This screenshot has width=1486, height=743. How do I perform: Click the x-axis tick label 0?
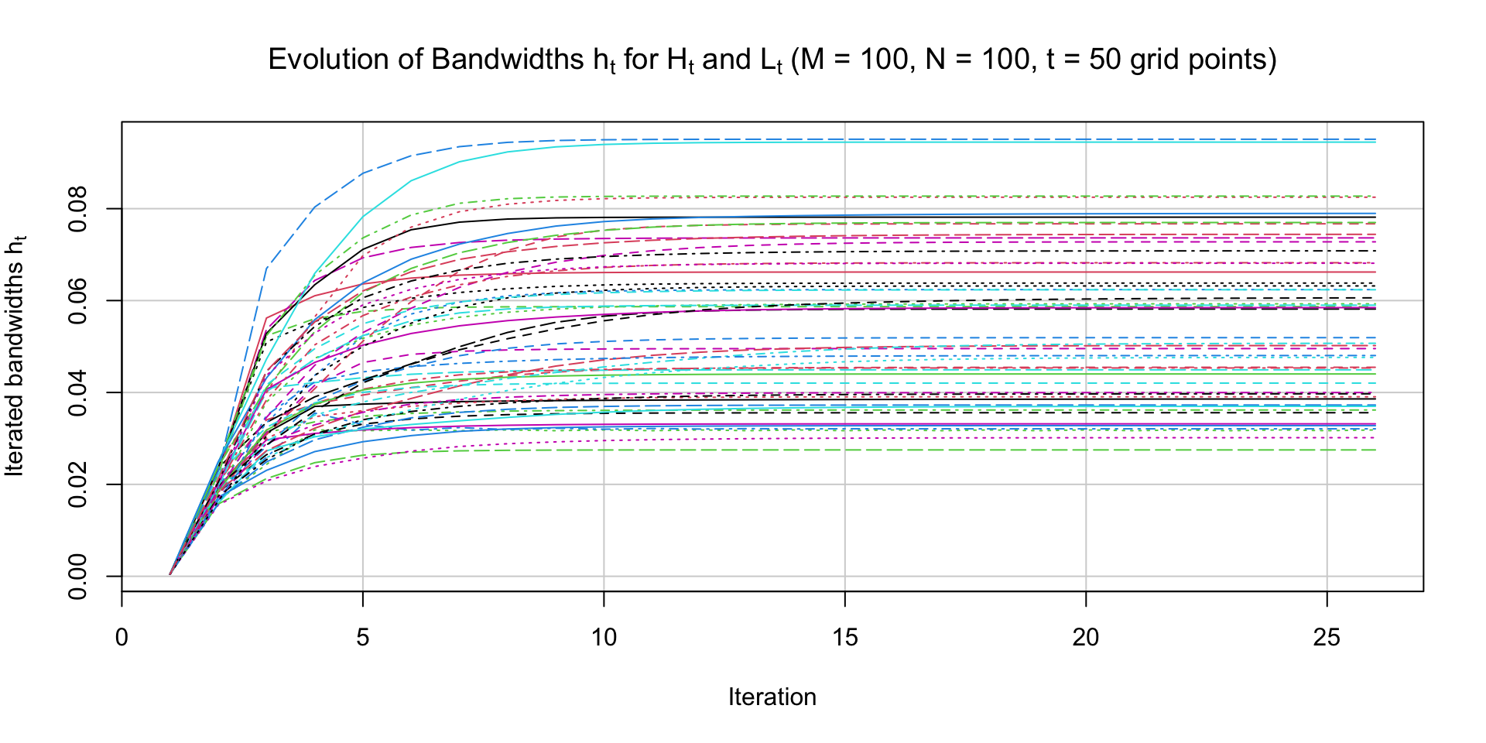click(122, 638)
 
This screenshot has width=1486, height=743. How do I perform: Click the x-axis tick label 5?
click(363, 638)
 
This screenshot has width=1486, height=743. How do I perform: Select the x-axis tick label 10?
click(604, 638)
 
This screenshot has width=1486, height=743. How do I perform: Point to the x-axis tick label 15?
click(845, 638)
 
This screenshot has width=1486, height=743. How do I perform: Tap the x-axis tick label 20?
click(1086, 638)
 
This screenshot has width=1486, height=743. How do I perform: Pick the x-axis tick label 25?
click(1327, 638)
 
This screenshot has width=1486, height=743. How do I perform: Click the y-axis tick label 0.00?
click(78, 576)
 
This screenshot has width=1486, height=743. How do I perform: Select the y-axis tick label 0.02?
click(78, 484)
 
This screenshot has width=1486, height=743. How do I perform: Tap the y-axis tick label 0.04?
click(78, 392)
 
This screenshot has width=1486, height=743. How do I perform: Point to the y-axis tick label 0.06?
click(78, 300)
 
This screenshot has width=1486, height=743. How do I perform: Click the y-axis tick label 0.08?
click(78, 209)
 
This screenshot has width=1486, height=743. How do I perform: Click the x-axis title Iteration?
click(772, 697)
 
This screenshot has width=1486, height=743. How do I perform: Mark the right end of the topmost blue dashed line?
click(1375, 139)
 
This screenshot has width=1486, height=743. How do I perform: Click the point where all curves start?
click(170, 575)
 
